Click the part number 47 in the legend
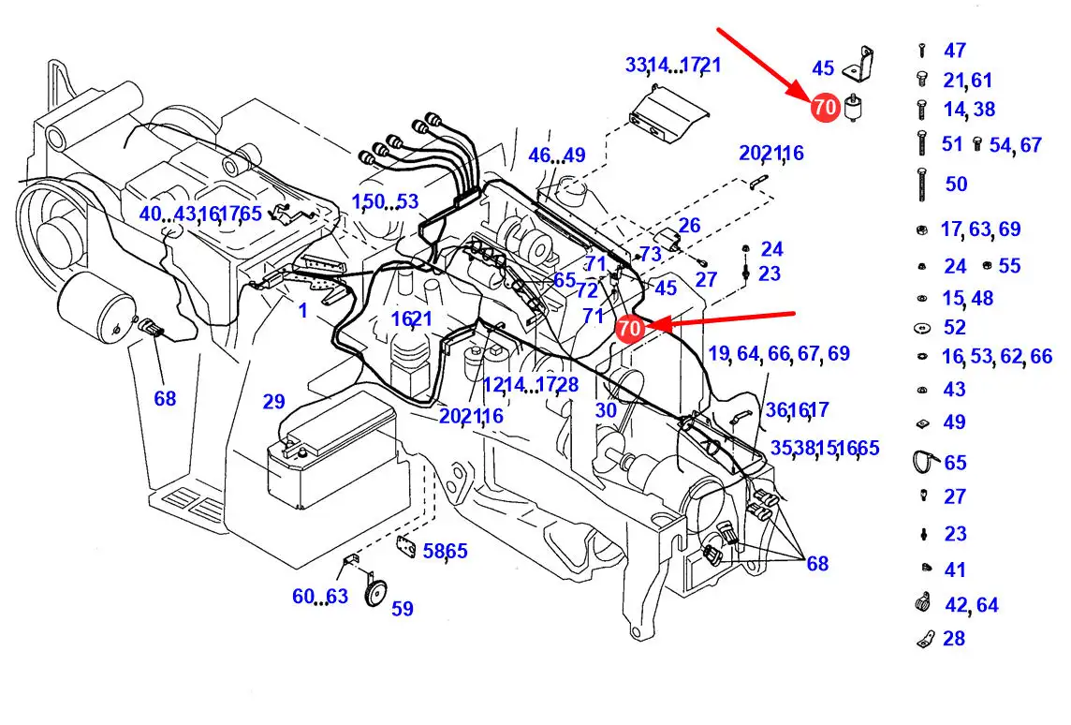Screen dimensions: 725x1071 point(954,51)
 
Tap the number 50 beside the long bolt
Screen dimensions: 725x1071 point(956,184)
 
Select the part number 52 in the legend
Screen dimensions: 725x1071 point(954,328)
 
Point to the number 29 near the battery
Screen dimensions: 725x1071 point(273,402)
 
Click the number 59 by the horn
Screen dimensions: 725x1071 point(402,609)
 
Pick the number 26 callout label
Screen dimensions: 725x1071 point(689,226)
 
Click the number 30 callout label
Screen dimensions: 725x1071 point(606,409)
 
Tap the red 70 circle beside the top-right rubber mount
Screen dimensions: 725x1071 point(825,108)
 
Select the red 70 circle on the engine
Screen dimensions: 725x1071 point(630,328)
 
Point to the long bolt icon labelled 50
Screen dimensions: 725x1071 point(922,183)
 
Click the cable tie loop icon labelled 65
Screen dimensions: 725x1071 point(925,462)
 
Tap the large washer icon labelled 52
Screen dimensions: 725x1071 point(922,328)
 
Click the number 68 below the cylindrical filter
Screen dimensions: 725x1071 point(165,399)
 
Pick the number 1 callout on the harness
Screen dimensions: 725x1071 point(303,310)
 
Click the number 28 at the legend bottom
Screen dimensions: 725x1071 point(954,639)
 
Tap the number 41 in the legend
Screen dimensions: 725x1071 point(954,570)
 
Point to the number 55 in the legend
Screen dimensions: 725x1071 point(1009,266)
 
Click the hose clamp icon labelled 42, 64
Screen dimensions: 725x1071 point(923,604)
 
